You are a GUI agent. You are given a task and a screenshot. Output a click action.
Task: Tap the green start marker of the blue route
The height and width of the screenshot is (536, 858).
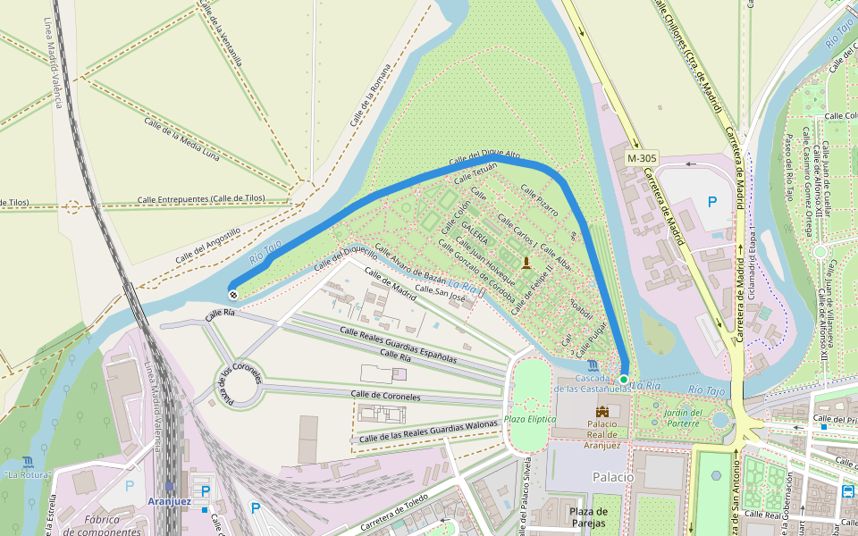[x=624, y=380]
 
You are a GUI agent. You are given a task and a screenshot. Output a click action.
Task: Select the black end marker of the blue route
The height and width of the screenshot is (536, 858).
[x=233, y=294]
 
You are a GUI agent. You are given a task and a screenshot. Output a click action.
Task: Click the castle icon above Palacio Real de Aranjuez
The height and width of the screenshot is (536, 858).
[x=601, y=410]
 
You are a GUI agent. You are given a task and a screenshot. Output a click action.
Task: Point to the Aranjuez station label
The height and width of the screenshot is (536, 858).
[x=169, y=501]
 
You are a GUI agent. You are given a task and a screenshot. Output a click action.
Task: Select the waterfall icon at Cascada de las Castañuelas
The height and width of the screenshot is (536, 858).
[x=594, y=366]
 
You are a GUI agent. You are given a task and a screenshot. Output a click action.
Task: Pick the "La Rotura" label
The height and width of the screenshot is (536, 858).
[x=27, y=475]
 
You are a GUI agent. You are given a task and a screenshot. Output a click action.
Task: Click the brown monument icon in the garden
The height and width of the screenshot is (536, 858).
[x=526, y=262]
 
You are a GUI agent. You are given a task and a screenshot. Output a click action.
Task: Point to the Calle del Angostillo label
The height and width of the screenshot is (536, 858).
[x=208, y=245]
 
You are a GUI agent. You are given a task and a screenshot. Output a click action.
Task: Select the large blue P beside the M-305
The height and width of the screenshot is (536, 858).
[x=711, y=202]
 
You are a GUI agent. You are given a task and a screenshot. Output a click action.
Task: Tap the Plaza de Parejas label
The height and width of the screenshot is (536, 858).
[x=588, y=516]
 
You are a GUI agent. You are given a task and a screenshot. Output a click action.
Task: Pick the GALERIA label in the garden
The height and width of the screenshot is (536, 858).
[x=475, y=234]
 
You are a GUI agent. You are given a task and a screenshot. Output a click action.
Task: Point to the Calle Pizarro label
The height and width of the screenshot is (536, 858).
[x=539, y=202]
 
